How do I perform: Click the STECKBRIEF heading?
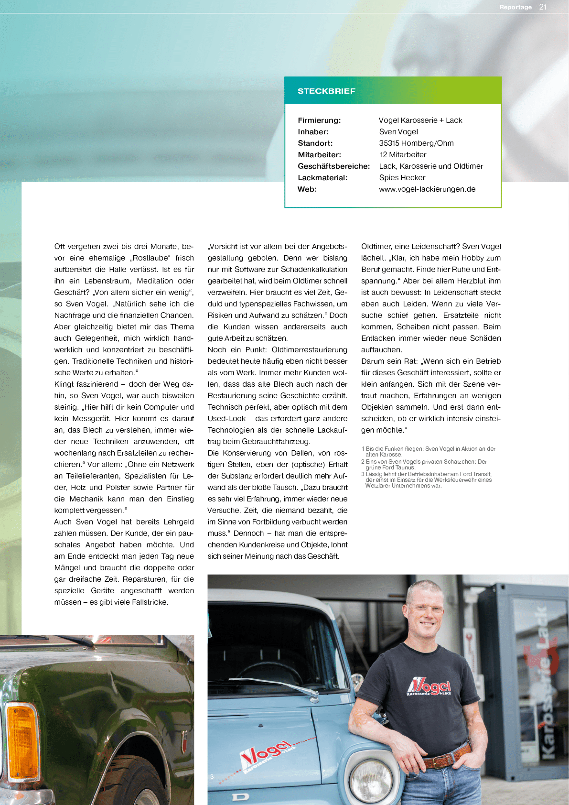click(326, 91)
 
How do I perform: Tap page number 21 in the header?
click(543, 7)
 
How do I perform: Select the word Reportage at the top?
click(515, 7)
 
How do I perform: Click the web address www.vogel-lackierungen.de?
click(427, 189)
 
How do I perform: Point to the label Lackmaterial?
click(322, 177)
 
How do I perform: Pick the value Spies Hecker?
click(402, 177)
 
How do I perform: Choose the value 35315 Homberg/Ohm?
click(416, 143)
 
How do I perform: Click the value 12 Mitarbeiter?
click(403, 154)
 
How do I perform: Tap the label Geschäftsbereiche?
click(333, 166)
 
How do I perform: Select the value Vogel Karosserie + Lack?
click(420, 120)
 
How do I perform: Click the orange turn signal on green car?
click(22, 738)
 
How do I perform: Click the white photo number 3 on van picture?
click(212, 777)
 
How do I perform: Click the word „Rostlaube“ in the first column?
click(150, 258)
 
